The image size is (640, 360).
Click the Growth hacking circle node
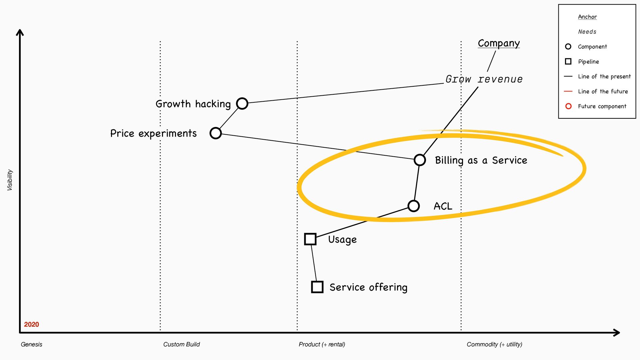pos(242,103)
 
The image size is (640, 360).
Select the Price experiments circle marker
pos(216,133)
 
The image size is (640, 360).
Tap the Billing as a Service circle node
pos(420,160)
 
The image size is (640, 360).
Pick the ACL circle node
pos(413,206)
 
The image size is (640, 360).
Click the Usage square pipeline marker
pos(310,239)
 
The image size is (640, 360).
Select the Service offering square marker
pos(317,287)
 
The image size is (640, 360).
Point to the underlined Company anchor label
pos(498,43)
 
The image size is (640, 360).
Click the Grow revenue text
pos(484,79)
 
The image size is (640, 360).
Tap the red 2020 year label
pos(31,324)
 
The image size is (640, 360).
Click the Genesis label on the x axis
pos(31,344)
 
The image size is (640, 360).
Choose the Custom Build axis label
pos(181,344)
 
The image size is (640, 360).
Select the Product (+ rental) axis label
pos(322,344)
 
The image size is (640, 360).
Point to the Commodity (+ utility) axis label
pos(494,344)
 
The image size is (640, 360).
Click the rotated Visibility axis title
pos(10,180)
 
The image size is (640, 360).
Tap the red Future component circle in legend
pos(568,106)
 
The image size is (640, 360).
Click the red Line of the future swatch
pos(568,91)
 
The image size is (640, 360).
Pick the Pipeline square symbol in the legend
pos(568,61)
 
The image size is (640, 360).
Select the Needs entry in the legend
pos(587,32)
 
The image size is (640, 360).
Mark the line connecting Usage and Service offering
pos(314,263)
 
